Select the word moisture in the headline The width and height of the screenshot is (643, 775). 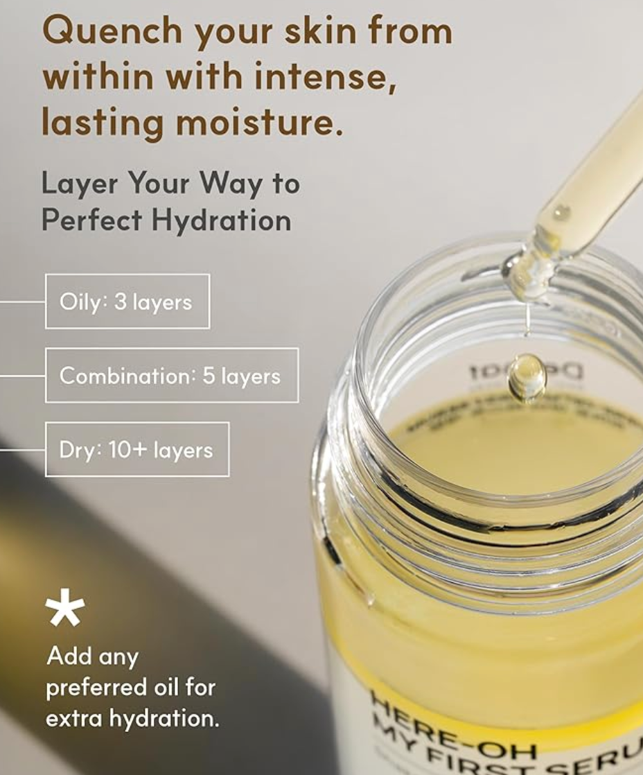pyautogui.click(x=258, y=122)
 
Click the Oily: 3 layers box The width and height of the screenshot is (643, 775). pyautogui.click(x=127, y=302)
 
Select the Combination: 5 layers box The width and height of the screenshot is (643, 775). pyautogui.click(x=172, y=376)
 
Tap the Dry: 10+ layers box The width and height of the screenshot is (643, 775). pyautogui.click(x=137, y=450)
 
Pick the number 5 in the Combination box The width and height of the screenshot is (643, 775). pyautogui.click(x=208, y=376)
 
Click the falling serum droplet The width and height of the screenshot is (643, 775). pyautogui.click(x=527, y=378)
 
